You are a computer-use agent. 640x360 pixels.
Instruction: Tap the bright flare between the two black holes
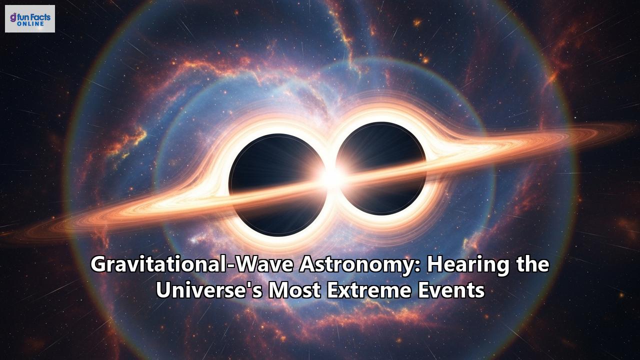pos(330,175)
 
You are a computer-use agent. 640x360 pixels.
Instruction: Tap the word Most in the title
pos(295,290)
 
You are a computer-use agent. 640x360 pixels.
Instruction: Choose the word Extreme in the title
pos(364,290)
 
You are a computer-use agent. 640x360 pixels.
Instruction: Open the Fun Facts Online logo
pos(30,19)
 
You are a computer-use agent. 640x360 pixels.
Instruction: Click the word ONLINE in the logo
pos(33,23)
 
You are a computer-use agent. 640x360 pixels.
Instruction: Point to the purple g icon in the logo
pos(12,17)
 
